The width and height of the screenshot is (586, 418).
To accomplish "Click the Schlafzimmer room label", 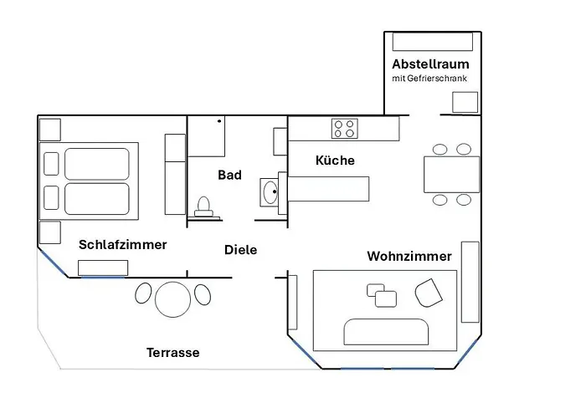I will (x=122, y=245).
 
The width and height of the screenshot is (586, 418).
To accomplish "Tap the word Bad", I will (x=229, y=175).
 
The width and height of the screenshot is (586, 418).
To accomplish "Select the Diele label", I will (x=241, y=249).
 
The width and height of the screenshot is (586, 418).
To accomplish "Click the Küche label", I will (x=335, y=160).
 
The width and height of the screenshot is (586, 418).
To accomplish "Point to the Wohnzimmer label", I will (x=409, y=256).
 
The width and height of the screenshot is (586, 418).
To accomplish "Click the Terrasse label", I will (x=172, y=353).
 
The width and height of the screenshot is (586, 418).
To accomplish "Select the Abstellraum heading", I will (x=430, y=64).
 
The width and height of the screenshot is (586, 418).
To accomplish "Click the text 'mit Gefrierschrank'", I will (x=430, y=79).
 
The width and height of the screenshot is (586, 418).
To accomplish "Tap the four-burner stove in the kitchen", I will (x=344, y=129).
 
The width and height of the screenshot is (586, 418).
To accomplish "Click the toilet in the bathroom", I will (x=204, y=206).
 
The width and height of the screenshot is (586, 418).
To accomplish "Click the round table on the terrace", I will (x=173, y=298).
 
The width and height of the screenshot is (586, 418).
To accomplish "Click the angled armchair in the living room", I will (x=429, y=293).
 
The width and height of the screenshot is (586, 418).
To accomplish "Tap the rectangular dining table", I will (x=451, y=174).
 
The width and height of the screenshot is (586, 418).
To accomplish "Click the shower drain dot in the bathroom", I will (x=219, y=121).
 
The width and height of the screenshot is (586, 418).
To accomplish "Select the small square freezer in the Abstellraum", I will (x=465, y=101).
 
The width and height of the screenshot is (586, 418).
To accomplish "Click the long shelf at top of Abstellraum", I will (x=434, y=41).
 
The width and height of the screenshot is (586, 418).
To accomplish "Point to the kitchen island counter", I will (x=329, y=188).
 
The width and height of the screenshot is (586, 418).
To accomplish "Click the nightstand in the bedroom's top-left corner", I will (x=49, y=129).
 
